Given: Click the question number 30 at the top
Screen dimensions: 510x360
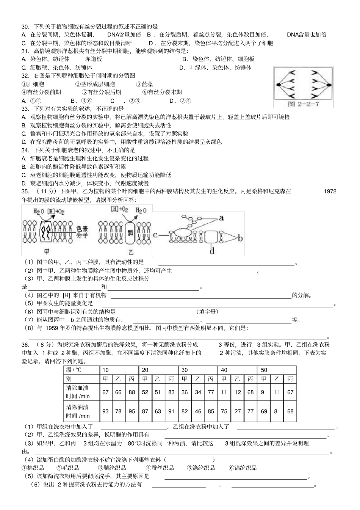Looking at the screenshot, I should pyautogui.click(x=25, y=27).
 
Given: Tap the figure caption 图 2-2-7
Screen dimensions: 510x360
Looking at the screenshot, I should pyautogui.click(x=303, y=104).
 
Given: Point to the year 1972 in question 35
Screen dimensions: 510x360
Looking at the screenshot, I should pyautogui.click(x=330, y=191).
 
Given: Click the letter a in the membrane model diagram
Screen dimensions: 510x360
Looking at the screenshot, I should pyautogui.click(x=221, y=218).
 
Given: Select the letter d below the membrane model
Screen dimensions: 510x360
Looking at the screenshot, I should pyautogui.click(x=212, y=251).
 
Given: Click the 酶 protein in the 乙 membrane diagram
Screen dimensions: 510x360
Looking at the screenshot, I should pyautogui.click(x=130, y=232).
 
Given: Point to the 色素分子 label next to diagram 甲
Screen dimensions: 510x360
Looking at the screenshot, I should pyautogui.click(x=82, y=232).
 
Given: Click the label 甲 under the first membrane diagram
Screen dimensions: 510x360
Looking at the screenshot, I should pyautogui.click(x=47, y=251).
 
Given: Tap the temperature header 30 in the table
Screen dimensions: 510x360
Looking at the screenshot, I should pyautogui.click(x=185, y=370).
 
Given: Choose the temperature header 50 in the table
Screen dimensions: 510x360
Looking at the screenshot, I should pyautogui.click(x=264, y=370).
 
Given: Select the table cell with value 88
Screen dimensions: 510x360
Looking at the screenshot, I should pyautogui.click(x=131, y=392).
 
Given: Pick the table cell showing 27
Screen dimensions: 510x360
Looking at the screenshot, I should pyautogui.click(x=237, y=411).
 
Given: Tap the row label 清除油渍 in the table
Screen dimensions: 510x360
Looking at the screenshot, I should pyautogui.click(x=77, y=407).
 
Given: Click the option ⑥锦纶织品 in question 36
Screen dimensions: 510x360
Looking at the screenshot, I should pyautogui.click(x=243, y=468).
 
